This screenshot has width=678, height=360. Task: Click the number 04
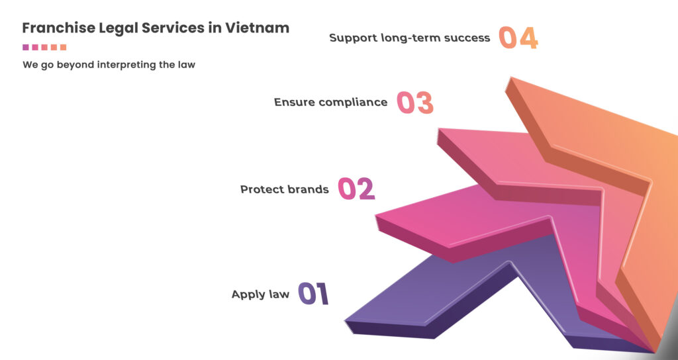point(518,38)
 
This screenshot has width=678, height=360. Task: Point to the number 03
point(414,103)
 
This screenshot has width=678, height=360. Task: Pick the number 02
point(356,189)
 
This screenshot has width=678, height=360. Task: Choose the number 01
point(313,294)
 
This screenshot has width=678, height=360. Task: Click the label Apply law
point(260,294)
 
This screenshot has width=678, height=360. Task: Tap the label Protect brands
point(284,190)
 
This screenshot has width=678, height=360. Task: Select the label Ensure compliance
point(330,103)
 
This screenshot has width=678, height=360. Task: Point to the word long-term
point(405,38)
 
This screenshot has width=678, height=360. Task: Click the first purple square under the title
point(25,48)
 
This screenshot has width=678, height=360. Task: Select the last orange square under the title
point(64,48)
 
